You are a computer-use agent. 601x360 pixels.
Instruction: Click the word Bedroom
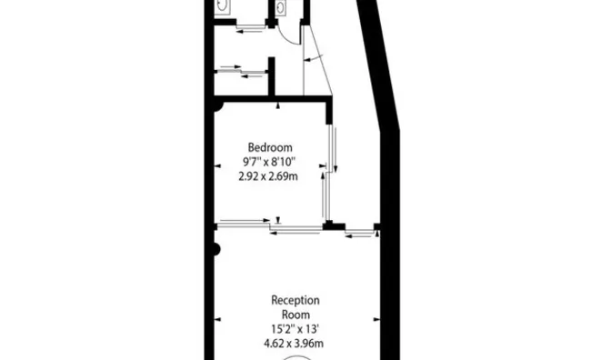pyautogui.click(x=270, y=147)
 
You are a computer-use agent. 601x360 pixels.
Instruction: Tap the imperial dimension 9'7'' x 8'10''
pyautogui.click(x=269, y=162)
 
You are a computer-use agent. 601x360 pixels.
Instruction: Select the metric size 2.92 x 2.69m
pyautogui.click(x=268, y=176)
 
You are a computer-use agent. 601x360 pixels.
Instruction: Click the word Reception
pyautogui.click(x=295, y=300)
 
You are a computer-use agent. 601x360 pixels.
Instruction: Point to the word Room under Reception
pyautogui.click(x=295, y=315)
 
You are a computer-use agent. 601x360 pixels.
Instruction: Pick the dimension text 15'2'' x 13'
pyautogui.click(x=295, y=329)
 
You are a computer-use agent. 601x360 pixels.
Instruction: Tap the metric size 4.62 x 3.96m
pyautogui.click(x=293, y=343)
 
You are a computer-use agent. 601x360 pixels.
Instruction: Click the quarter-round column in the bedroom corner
pyautogui.click(x=217, y=106)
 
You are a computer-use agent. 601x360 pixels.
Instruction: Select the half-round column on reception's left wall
pyautogui.click(x=216, y=250)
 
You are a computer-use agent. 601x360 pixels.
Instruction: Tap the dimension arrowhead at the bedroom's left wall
pyautogui.click(x=217, y=166)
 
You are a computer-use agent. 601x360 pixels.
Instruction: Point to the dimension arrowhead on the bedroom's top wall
pyautogui.click(x=278, y=105)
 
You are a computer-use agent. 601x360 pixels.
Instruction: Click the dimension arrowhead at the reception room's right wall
pyautogui.click(x=376, y=319)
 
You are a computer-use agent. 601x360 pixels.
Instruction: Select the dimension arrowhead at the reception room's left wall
pyautogui.click(x=217, y=319)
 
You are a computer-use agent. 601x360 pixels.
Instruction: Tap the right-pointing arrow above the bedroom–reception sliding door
pyautogui.click(x=245, y=220)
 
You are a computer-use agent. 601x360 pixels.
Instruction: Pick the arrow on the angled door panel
pyautogui.click(x=314, y=58)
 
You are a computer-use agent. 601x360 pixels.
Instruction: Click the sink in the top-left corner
pyautogui.click(x=222, y=5)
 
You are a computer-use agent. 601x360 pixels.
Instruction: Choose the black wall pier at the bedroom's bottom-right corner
pyautogui.click(x=334, y=226)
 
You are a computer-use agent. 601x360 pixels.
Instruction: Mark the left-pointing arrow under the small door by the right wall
pyautogui.click(x=359, y=236)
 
